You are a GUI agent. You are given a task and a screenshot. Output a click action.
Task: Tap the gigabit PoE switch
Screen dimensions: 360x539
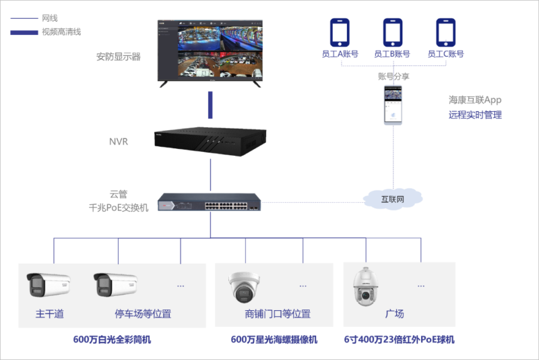tap(210, 202)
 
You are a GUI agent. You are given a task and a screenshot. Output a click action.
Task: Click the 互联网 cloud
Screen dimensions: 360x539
tap(392, 199)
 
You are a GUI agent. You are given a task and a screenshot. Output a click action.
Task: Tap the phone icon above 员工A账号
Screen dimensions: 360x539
tap(339, 32)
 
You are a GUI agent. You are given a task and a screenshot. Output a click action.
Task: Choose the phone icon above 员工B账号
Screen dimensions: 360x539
tap(392, 32)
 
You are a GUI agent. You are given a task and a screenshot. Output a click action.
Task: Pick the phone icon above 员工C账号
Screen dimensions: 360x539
tap(445, 32)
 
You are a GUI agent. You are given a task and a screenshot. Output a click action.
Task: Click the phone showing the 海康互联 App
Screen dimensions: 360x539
tap(392, 104)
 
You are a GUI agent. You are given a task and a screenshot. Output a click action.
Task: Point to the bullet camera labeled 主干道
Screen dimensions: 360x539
tap(48, 286)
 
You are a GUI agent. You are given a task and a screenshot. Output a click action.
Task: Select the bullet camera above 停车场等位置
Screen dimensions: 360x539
tap(115, 286)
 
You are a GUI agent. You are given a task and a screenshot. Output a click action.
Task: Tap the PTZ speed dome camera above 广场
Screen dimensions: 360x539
tap(367, 287)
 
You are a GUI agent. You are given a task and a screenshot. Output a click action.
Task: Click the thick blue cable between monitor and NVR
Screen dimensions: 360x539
tap(210, 104)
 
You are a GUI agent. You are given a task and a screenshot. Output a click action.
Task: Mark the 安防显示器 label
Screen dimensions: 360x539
tap(119, 57)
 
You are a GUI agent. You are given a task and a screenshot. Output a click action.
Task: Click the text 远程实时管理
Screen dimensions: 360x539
tap(475, 115)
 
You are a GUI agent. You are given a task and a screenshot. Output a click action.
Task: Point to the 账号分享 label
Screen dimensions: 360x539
tap(393, 76)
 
